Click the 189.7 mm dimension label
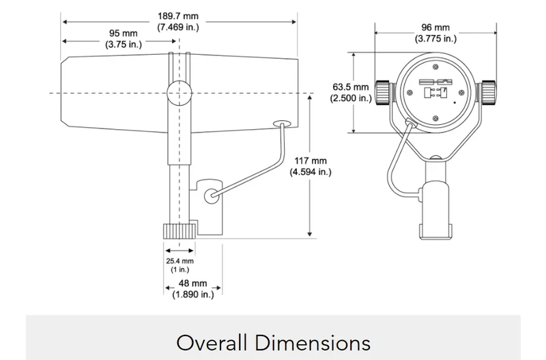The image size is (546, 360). coord(178,22)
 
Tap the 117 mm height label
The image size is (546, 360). coord(311,166)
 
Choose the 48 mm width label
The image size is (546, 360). coord(193,288)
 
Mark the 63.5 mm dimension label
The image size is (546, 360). coord(351,92)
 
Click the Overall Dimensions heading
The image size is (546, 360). coord(274,342)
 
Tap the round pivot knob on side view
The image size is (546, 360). coord(179,93)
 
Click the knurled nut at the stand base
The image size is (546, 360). coord(179,232)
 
